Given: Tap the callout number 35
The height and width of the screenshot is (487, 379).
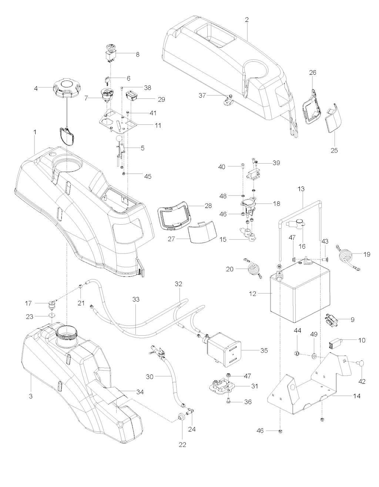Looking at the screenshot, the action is (264, 350).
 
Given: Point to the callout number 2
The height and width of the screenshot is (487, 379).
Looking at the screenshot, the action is (247, 20).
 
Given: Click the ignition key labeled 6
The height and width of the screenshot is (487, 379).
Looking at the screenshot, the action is (107, 80).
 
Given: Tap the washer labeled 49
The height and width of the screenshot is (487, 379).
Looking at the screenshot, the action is (314, 356).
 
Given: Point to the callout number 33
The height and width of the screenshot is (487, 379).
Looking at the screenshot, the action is (136, 300).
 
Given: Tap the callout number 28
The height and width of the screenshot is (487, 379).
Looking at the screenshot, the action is (208, 206).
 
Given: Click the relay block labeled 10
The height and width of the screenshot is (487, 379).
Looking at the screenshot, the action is (333, 344).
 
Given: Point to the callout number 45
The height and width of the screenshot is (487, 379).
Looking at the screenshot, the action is (147, 177).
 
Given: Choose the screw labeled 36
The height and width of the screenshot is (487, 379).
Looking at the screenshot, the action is (228, 402).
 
